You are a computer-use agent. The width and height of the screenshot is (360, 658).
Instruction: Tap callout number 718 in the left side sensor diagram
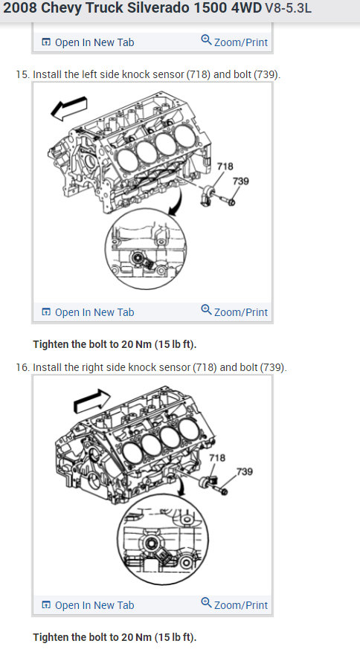click(225, 167)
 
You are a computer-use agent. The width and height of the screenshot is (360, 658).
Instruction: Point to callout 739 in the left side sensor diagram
click(241, 181)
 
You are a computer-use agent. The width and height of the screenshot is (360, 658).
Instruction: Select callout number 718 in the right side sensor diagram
click(217, 458)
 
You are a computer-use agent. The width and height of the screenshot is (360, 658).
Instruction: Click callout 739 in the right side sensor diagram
click(244, 471)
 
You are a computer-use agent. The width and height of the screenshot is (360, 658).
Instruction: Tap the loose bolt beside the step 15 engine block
click(225, 199)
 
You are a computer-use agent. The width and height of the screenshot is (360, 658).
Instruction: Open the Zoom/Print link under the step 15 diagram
click(234, 312)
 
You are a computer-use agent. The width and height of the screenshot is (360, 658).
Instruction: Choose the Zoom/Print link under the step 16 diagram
click(234, 604)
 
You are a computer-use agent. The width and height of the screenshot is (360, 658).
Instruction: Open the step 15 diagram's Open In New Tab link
click(88, 312)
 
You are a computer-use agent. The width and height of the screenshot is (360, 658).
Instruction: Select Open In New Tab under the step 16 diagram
click(88, 605)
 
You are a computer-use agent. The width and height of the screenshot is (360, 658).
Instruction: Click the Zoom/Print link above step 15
click(234, 42)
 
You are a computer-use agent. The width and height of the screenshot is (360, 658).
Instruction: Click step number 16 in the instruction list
click(22, 367)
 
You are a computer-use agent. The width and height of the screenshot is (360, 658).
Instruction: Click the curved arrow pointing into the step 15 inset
click(177, 201)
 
